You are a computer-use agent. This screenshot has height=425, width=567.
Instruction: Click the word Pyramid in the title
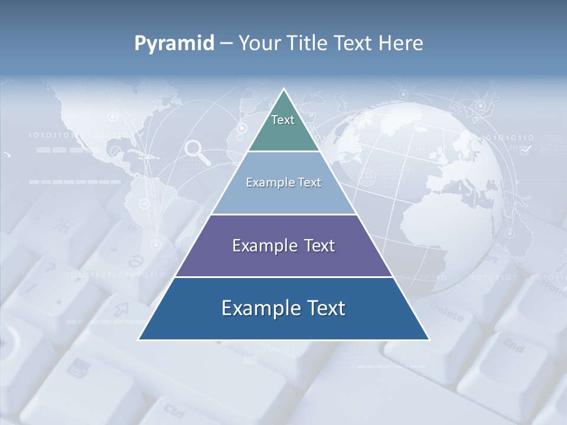174,44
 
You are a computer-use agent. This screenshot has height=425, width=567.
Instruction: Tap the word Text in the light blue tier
309,182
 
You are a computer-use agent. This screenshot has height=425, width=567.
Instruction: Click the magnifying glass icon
197,152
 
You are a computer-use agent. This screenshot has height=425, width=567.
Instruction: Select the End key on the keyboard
513,345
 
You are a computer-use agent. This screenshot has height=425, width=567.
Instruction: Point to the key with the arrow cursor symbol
121,308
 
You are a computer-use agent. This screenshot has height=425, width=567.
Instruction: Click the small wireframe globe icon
367,176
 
